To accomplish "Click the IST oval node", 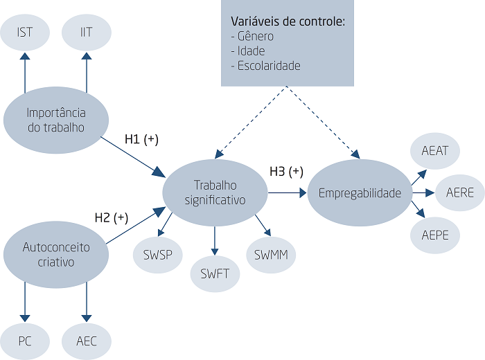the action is [x=25, y=32].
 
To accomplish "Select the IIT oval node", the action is [x=87, y=32].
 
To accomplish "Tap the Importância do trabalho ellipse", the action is [x=56, y=120].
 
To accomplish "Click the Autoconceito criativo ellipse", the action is [x=56, y=254].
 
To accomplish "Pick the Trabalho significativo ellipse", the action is [x=215, y=192].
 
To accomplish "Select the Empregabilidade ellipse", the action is [x=360, y=192].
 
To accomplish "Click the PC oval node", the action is [x=25, y=341].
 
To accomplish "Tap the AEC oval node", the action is [x=87, y=341].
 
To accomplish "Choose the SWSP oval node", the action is [x=158, y=255].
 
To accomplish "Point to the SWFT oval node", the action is [x=215, y=273].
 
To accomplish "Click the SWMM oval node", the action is [x=271, y=255].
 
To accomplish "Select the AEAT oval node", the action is [x=435, y=151].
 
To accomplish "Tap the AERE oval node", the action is [x=460, y=193].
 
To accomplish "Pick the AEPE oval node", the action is [x=435, y=235].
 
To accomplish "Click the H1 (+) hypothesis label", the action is [x=141, y=139].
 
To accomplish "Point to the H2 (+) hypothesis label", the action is [x=112, y=218].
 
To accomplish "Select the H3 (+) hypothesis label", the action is [x=286, y=172].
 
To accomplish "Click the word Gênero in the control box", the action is [x=256, y=37].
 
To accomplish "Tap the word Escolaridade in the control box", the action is [x=269, y=66].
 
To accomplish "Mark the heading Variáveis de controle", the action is [x=288, y=21].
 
